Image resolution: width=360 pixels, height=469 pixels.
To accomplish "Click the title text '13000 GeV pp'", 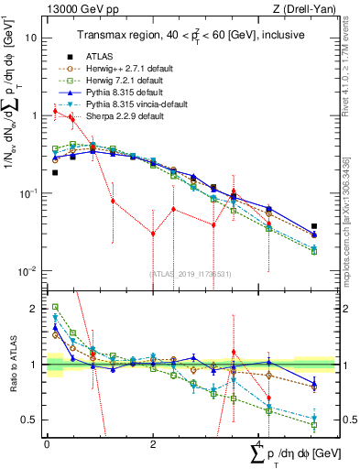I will [72, 9].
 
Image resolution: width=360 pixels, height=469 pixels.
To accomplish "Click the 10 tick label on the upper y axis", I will [31, 38].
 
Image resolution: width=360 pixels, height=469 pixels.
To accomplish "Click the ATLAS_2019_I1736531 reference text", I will [183, 274].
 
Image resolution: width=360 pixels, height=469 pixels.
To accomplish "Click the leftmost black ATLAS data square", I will [55, 172].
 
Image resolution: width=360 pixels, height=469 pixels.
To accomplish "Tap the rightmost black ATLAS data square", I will [314, 225].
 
